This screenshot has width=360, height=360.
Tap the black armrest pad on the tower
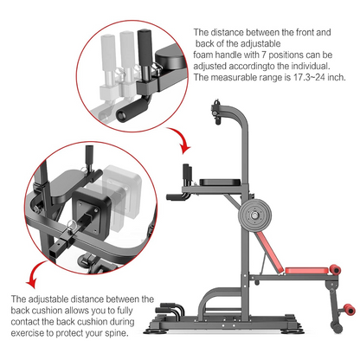pyautogui.click(x=218, y=180)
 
